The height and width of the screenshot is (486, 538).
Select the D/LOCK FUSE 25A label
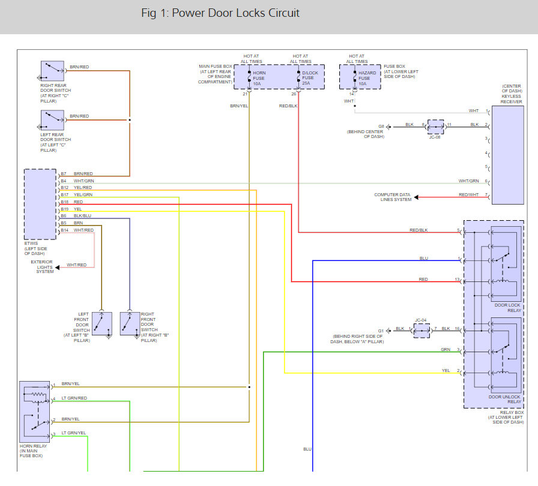coord(307,78)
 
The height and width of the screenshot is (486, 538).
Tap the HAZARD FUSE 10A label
coord(367,78)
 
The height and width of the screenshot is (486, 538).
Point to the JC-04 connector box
coord(422,329)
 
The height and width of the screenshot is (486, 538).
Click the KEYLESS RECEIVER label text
coord(511,98)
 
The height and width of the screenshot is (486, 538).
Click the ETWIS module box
coord(40,204)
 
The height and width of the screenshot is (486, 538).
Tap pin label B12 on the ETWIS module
coord(64,188)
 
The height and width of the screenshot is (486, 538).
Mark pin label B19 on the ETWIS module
coord(64,209)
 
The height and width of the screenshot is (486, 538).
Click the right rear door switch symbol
coord(52,72)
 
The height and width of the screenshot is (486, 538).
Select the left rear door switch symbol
coord(52,120)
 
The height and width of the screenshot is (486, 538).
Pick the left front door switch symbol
coord(102,323)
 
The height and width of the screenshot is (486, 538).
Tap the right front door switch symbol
coord(130,323)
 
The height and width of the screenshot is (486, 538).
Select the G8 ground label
coord(381,126)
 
